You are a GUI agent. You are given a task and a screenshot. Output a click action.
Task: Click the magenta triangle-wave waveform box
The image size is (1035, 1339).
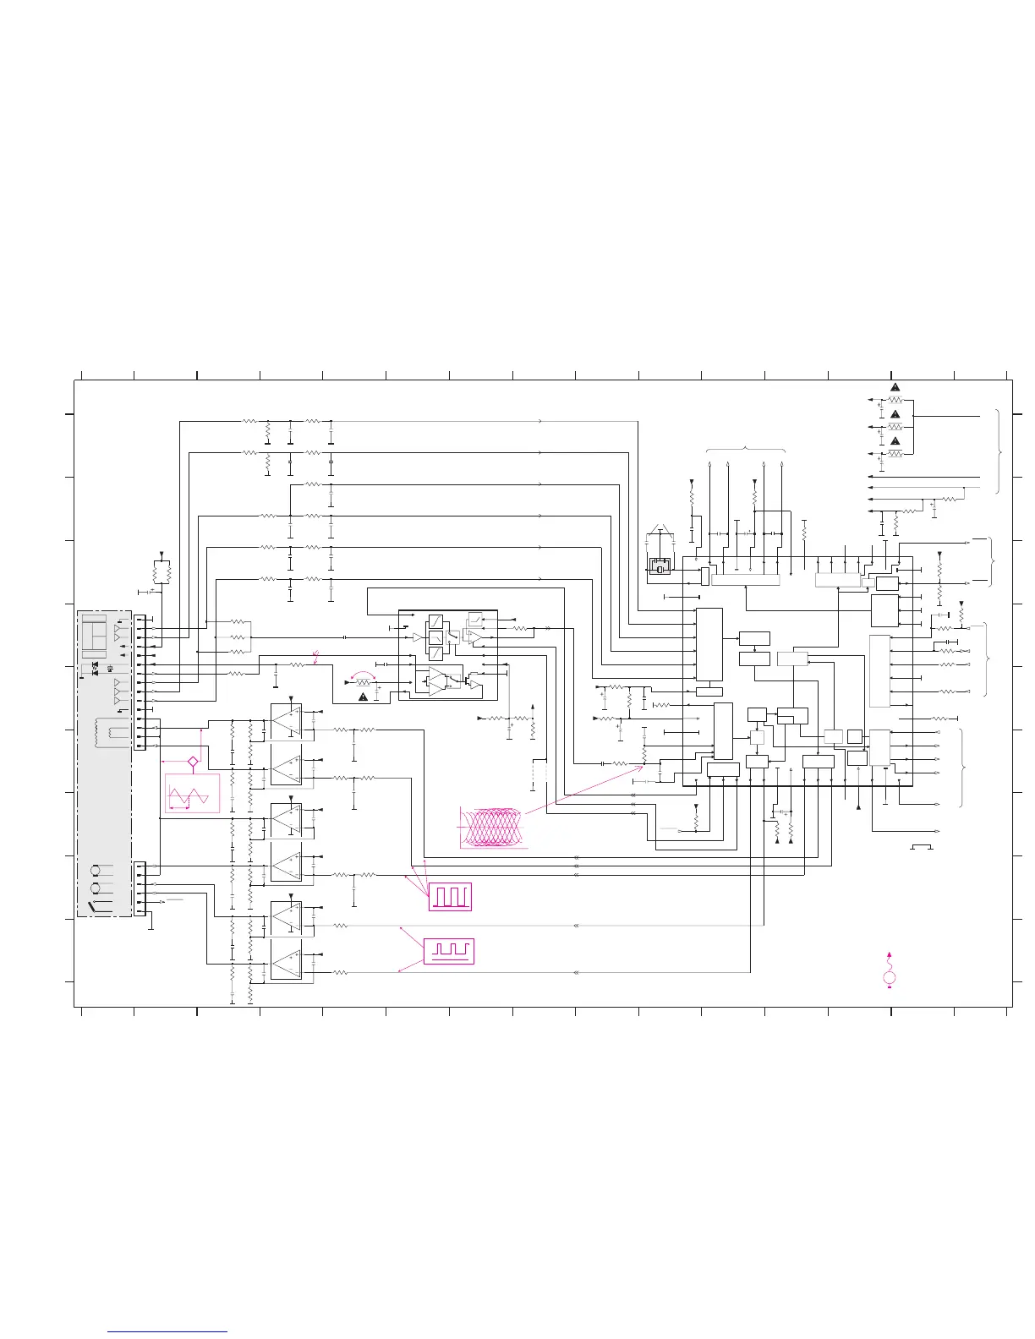[x=192, y=794]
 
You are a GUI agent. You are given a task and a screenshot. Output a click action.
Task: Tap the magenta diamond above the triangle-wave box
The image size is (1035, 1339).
[x=193, y=762]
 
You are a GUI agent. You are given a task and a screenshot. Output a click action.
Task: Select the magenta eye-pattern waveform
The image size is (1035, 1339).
[x=491, y=826]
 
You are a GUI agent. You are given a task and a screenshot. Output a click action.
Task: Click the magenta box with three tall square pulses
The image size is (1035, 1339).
[x=450, y=896]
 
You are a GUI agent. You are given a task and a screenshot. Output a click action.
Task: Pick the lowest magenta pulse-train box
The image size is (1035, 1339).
[x=449, y=951]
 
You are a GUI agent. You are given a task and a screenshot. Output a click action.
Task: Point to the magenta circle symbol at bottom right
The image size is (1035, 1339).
[x=890, y=979]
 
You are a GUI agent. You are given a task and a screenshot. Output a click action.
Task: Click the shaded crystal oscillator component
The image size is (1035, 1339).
[x=659, y=566]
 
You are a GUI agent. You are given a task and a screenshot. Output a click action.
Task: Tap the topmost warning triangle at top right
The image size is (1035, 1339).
[x=895, y=387]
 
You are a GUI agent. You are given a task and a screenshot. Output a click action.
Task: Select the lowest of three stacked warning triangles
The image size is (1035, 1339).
[x=895, y=441]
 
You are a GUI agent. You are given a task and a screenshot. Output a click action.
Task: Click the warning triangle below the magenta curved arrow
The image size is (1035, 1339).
[x=364, y=697]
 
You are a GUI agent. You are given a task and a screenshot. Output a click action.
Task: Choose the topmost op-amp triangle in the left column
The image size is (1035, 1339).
[x=287, y=719]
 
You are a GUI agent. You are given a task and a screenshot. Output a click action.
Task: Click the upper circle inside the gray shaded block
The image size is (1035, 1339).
[x=96, y=871]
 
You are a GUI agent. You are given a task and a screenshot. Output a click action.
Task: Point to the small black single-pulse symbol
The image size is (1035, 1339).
[x=922, y=846]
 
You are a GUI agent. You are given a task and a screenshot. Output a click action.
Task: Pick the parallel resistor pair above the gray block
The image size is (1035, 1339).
[x=162, y=572]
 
